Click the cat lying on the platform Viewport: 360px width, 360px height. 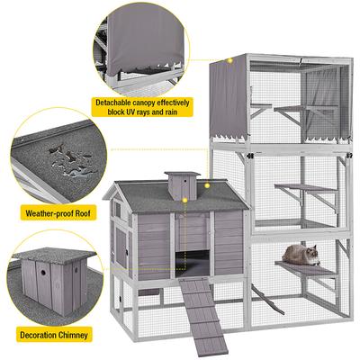click(301, 255)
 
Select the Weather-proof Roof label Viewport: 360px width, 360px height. click(58, 213)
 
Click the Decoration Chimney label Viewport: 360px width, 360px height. click(54, 335)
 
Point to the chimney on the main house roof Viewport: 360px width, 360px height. click(182, 185)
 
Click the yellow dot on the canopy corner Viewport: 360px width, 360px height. click(230, 61)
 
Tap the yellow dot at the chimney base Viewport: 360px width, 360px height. click(185, 200)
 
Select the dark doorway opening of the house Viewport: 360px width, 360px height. click(193, 263)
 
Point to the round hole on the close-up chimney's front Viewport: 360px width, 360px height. click(43, 273)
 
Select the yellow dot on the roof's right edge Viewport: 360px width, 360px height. click(207, 185)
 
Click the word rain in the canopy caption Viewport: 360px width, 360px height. click(170, 112)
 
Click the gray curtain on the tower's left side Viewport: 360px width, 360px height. click(228, 97)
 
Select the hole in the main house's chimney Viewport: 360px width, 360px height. click(185, 181)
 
